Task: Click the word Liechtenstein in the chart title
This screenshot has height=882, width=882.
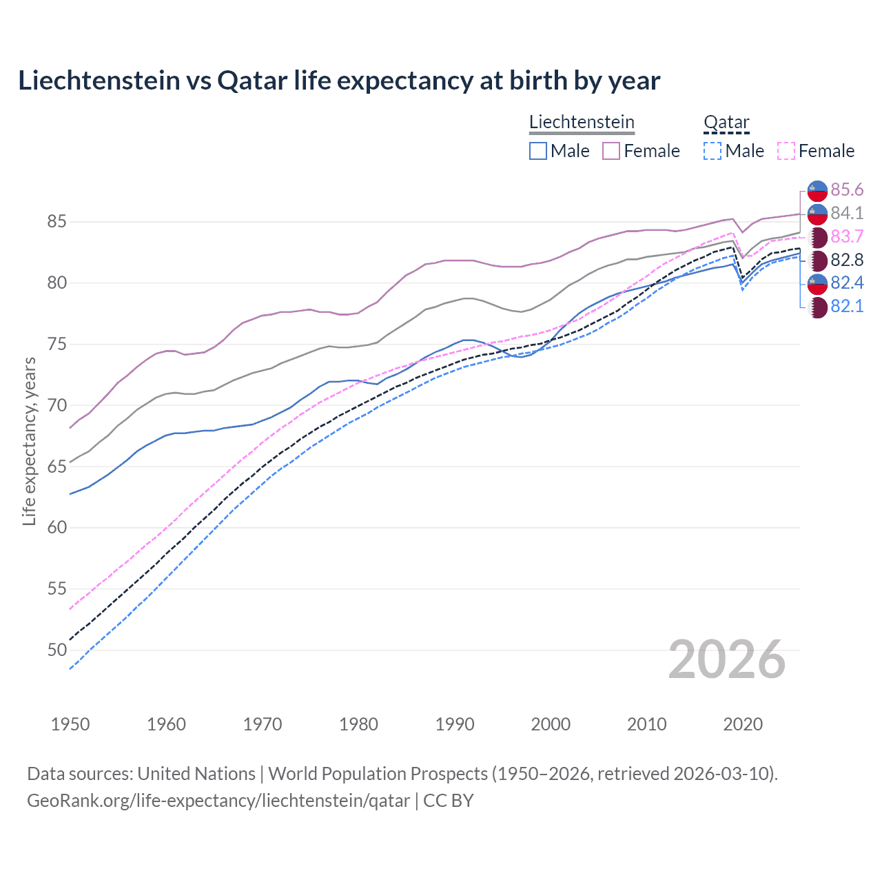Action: tap(99, 81)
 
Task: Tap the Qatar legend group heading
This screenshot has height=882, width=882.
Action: tap(726, 123)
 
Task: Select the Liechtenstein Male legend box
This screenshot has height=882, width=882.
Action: tap(538, 151)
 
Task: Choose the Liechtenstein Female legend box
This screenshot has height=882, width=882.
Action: tap(611, 151)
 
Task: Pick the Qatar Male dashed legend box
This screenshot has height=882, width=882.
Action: tap(712, 151)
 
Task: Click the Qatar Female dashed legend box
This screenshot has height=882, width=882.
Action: tap(786, 151)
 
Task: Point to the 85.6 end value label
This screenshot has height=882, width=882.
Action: tap(847, 189)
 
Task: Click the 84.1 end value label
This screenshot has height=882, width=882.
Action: tap(847, 213)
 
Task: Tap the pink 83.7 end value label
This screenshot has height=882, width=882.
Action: tap(847, 236)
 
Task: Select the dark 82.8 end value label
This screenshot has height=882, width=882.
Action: tap(847, 260)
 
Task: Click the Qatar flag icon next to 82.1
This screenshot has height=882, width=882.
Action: tap(817, 307)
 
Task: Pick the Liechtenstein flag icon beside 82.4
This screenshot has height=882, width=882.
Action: tap(817, 283)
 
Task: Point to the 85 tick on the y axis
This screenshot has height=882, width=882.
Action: tap(57, 222)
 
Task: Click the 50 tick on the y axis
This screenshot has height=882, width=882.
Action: tap(57, 650)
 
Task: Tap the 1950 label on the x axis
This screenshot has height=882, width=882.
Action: tap(70, 724)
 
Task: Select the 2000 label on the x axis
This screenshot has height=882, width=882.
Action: tap(551, 724)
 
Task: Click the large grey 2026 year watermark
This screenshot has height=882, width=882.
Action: tap(727, 659)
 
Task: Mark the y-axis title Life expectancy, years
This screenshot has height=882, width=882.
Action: tap(29, 441)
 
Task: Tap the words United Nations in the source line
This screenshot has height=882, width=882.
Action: tap(196, 774)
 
